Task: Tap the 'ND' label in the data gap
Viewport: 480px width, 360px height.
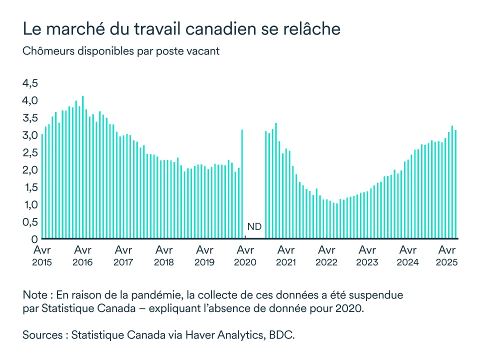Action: pyautogui.click(x=254, y=226)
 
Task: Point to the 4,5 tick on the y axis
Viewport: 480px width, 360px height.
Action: pyautogui.click(x=30, y=83)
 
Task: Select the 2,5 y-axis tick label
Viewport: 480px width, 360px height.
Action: pyautogui.click(x=30, y=152)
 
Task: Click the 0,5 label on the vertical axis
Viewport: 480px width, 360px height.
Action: pyautogui.click(x=30, y=222)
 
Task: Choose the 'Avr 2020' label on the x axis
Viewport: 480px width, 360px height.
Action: pyautogui.click(x=245, y=255)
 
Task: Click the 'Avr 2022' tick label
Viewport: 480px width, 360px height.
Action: pyautogui.click(x=326, y=255)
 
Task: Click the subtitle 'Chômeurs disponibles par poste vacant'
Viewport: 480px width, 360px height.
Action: pyautogui.click(x=121, y=51)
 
